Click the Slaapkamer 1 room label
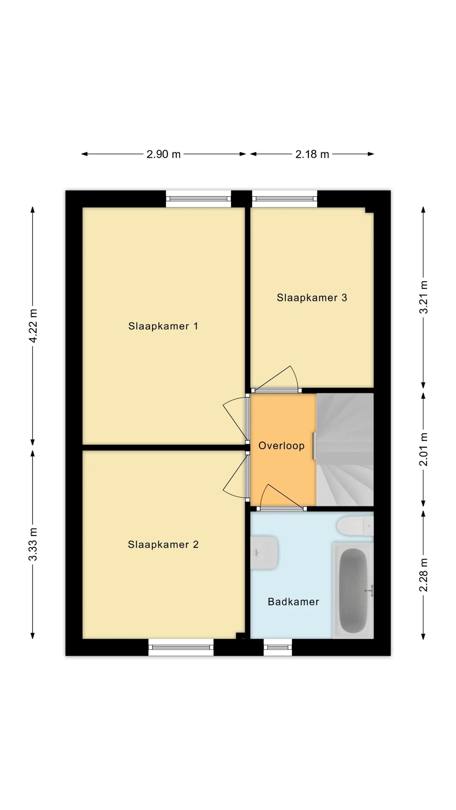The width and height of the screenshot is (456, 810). pyautogui.click(x=163, y=326)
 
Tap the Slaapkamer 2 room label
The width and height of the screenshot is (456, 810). pyautogui.click(x=163, y=544)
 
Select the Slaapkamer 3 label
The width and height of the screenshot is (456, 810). pyautogui.click(x=312, y=298)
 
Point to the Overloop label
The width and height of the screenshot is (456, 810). pyautogui.click(x=281, y=446)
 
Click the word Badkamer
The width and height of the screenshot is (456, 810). pyautogui.click(x=293, y=602)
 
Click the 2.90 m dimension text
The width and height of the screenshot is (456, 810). pyautogui.click(x=163, y=154)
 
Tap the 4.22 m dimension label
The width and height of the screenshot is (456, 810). pyautogui.click(x=33, y=326)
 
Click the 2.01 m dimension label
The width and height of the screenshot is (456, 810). pyautogui.click(x=424, y=449)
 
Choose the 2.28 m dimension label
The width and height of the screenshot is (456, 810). pyautogui.click(x=424, y=575)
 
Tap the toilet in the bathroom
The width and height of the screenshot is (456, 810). pyautogui.click(x=355, y=526)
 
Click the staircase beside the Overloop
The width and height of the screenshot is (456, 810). pyautogui.click(x=345, y=450)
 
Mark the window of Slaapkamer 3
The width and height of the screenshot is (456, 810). pyautogui.click(x=284, y=199)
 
